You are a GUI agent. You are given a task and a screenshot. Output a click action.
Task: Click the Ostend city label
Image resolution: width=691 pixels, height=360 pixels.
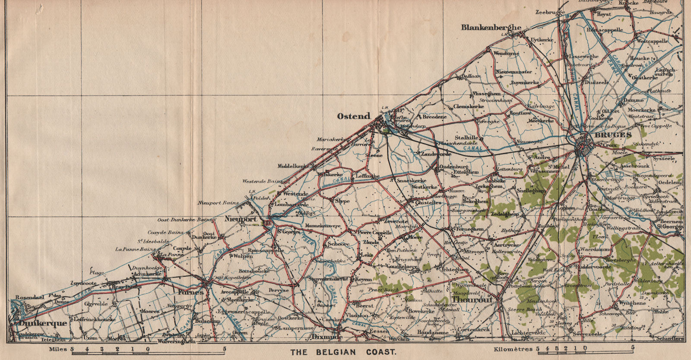pyautogui.click(x=354, y=116)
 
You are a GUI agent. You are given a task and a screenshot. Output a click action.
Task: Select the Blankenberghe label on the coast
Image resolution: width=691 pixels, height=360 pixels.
pyautogui.click(x=491, y=27)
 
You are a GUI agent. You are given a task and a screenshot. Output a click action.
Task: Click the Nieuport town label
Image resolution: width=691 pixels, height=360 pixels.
pyautogui.click(x=241, y=220)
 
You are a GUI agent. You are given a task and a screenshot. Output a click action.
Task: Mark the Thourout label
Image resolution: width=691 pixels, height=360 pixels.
pyautogui.click(x=472, y=298)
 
